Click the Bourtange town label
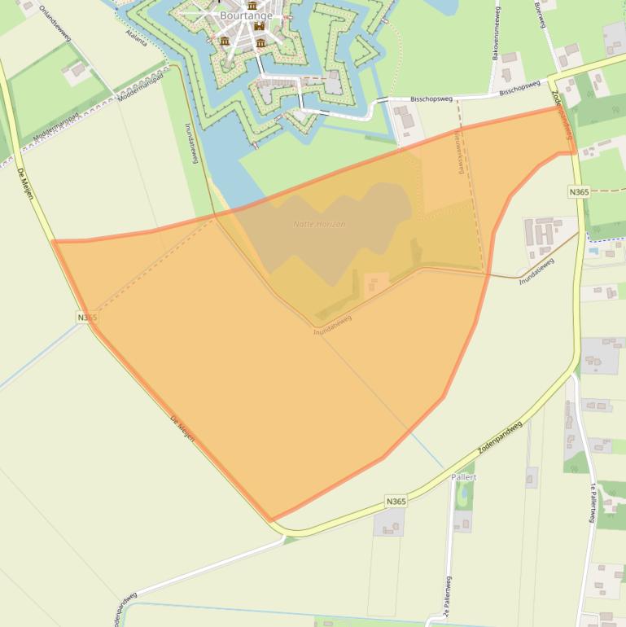click(x=246, y=15)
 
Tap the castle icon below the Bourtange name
click(x=260, y=27)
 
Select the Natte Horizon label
click(x=319, y=224)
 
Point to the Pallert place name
click(x=463, y=477)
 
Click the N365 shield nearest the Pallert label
click(x=396, y=502)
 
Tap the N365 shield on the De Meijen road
click(x=87, y=318)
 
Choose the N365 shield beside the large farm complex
click(x=579, y=191)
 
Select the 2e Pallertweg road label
click(x=448, y=603)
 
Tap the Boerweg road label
click(x=539, y=14)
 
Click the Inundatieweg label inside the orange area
click(x=332, y=324)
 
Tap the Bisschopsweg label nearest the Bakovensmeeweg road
click(x=519, y=86)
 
